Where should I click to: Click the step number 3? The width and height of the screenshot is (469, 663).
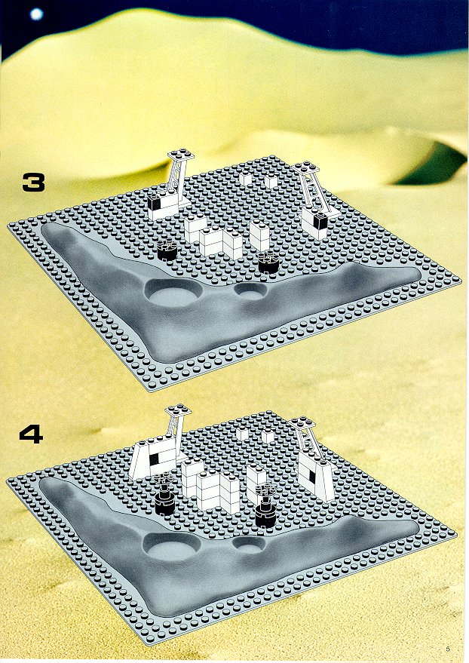coord(33,183)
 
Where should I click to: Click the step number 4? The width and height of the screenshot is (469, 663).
coord(31,434)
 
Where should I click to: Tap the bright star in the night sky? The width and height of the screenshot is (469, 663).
coord(37,14)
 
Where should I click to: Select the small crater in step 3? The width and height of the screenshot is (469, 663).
coord(251,291)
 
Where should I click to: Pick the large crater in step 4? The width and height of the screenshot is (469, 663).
coord(170,548)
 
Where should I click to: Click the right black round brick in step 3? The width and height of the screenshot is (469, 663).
coord(268,262)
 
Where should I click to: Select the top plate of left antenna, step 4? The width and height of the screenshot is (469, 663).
coord(178,410)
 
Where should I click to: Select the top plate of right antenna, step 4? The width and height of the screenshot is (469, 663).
coord(302,423)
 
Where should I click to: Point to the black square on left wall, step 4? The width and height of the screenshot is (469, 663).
coord(155,459)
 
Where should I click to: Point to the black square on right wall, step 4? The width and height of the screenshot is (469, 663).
coord(312,476)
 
